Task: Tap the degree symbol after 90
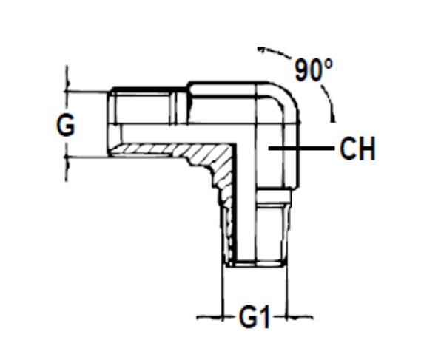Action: click(x=329, y=64)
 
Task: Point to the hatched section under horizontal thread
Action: click(x=178, y=152)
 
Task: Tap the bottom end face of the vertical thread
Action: click(x=255, y=264)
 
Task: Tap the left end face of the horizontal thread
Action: click(x=110, y=123)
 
